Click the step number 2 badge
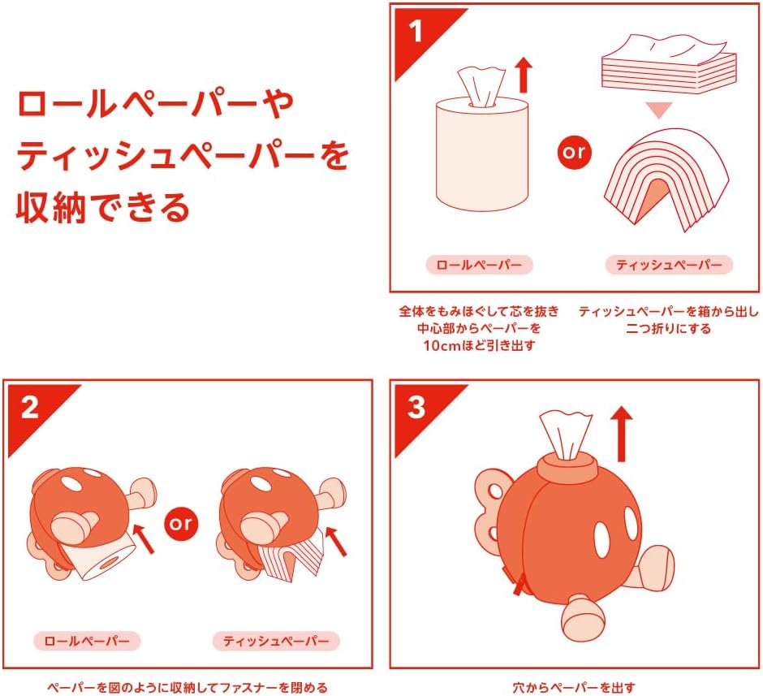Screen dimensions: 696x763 click(x=29, y=407)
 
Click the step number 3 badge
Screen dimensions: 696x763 click(x=416, y=407)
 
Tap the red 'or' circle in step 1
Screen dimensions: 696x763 click(x=575, y=152)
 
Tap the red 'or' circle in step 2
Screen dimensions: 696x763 click(x=180, y=523)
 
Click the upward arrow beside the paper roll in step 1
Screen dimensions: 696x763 click(x=524, y=76)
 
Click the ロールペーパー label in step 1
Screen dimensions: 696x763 click(x=480, y=265)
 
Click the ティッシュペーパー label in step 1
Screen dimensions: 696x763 click(x=669, y=265)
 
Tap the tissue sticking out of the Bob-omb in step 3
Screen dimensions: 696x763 click(x=566, y=431)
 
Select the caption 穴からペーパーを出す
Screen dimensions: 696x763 click(x=575, y=687)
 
